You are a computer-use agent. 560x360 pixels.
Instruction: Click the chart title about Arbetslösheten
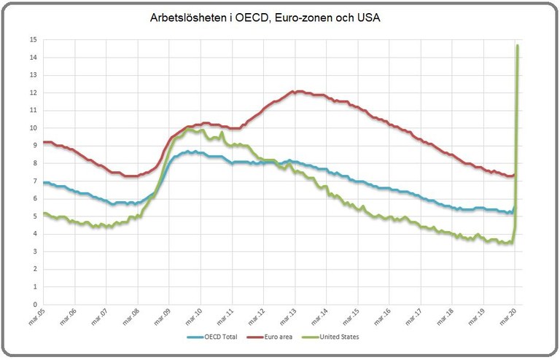(265, 17)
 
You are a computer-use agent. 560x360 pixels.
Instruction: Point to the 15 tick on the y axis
(33, 39)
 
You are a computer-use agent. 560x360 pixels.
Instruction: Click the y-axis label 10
(33, 128)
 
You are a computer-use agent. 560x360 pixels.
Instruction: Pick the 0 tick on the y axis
(34, 305)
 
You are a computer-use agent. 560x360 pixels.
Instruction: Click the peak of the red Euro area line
(293, 91)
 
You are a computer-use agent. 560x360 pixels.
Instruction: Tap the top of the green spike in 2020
(517, 45)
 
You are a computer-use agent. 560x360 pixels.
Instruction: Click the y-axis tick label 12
(33, 93)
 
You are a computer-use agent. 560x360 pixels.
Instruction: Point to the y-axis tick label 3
(34, 251)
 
